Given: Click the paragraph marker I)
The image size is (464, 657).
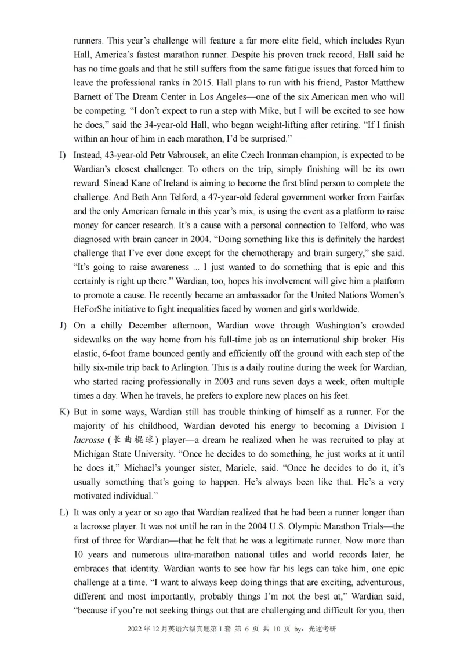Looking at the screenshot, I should click(x=63, y=156).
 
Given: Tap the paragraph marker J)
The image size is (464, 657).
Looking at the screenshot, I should click(x=63, y=326).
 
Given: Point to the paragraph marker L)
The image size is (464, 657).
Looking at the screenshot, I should click(x=63, y=512).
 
